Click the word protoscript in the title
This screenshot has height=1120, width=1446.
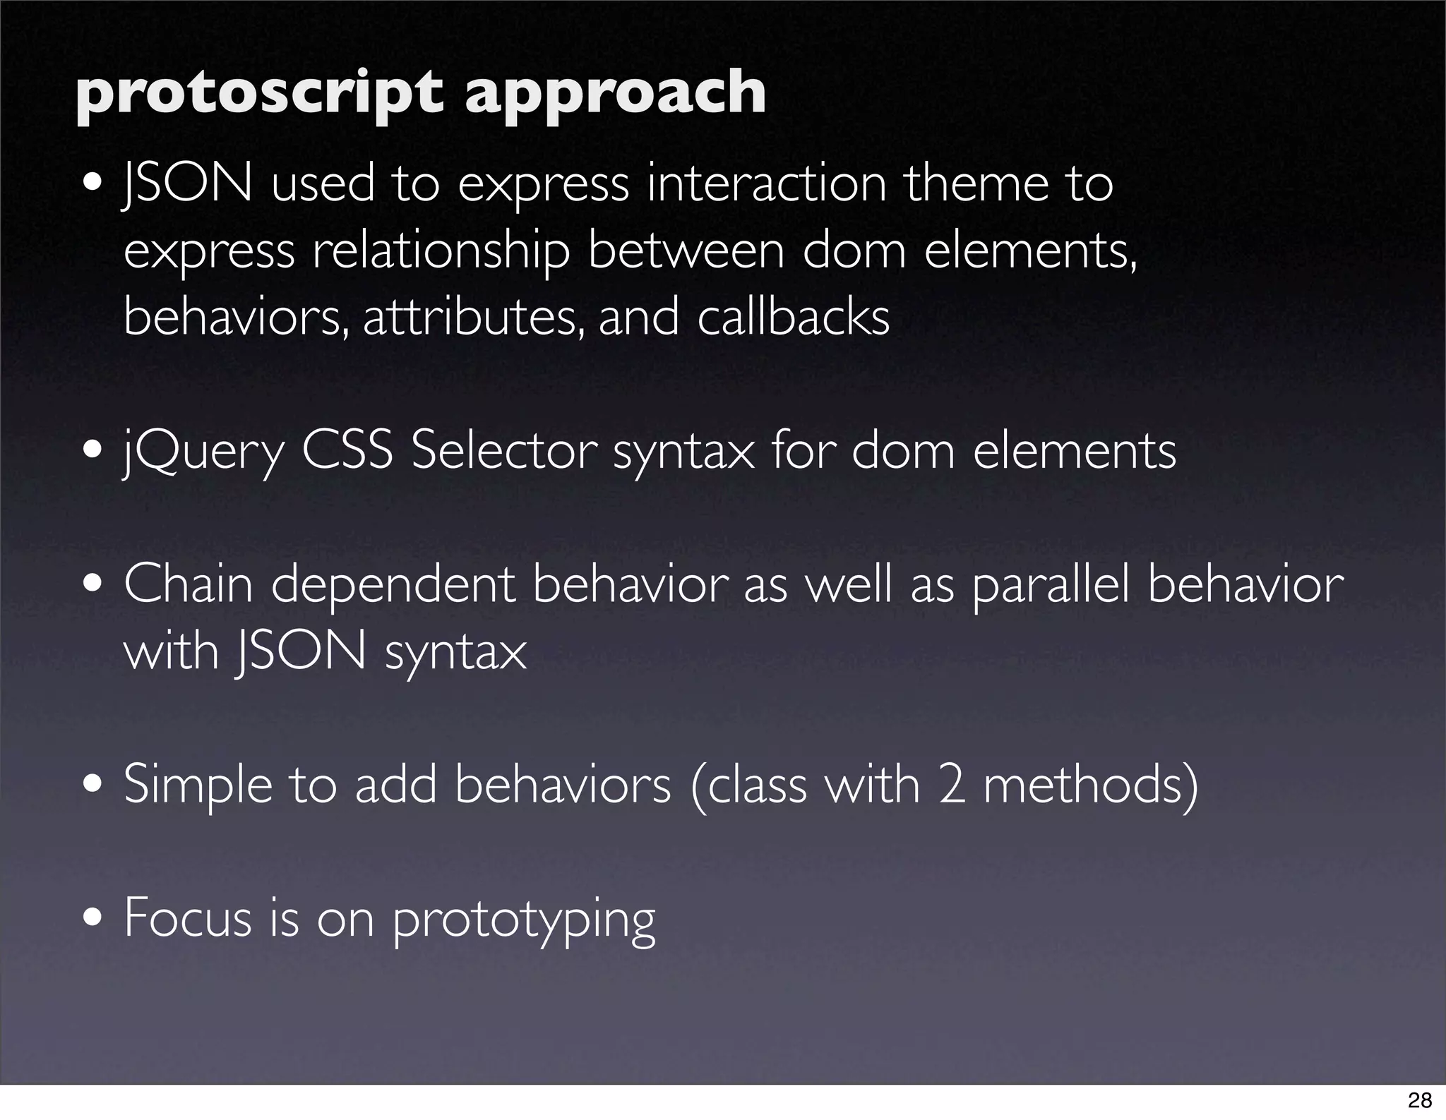258,93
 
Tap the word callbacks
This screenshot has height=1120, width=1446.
793,317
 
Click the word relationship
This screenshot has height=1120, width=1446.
441,253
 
